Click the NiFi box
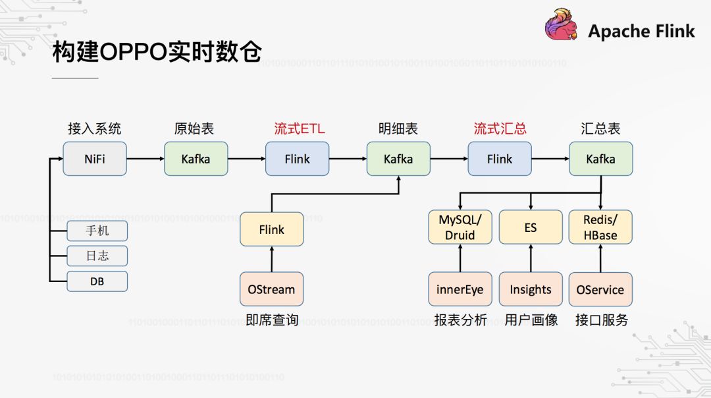(x=95, y=159)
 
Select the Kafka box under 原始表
(x=196, y=159)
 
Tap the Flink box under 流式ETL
(x=297, y=159)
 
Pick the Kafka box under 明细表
(x=398, y=159)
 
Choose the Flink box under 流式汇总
(x=500, y=159)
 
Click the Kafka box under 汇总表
(x=600, y=159)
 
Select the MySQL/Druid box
(x=460, y=227)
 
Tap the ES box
(x=531, y=227)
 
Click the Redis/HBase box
(x=600, y=227)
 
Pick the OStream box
(x=271, y=289)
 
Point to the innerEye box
(x=460, y=289)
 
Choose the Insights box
(x=531, y=289)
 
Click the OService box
(x=600, y=289)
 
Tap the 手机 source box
(x=97, y=231)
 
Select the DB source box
(x=97, y=281)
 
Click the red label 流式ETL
(x=300, y=128)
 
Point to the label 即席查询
(x=272, y=320)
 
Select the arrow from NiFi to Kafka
(x=145, y=159)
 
